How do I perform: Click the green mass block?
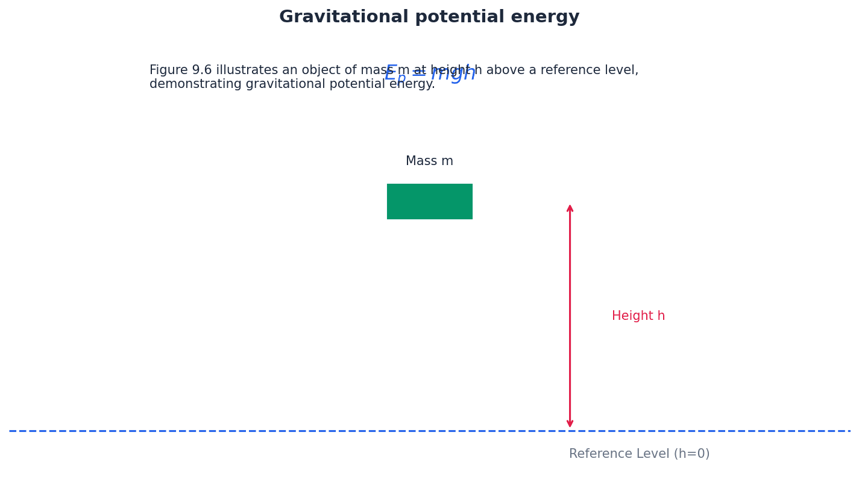429,201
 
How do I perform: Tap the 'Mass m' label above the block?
429,161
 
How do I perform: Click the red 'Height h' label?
638,316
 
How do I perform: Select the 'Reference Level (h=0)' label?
639,454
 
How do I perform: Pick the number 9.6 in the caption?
202,70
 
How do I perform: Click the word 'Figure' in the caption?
169,70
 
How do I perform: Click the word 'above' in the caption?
505,70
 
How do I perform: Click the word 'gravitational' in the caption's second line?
283,84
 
